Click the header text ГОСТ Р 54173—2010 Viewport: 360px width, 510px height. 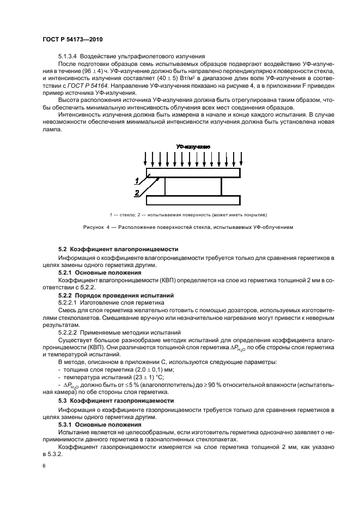(x=72, y=40)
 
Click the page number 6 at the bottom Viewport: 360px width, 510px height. (x=44, y=466)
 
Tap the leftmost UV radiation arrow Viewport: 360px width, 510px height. (x=145, y=159)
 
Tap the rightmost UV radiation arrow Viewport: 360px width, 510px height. (x=241, y=159)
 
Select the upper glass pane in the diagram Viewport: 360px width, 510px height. (x=193, y=173)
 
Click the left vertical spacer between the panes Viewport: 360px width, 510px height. (x=165, y=186)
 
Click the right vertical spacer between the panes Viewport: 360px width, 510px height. (x=222, y=186)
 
